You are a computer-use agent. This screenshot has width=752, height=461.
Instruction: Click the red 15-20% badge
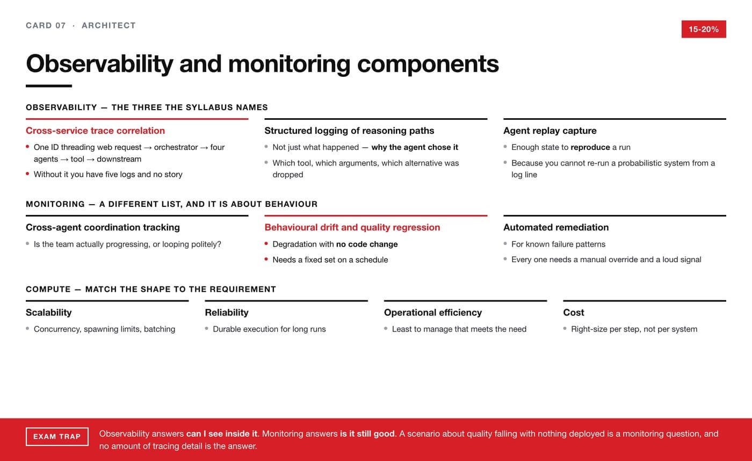[704, 29]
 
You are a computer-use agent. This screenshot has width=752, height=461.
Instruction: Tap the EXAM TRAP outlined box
[57, 436]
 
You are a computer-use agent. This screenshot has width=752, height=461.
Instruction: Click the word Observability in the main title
[100, 64]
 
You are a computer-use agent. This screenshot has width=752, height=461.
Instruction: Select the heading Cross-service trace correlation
[96, 131]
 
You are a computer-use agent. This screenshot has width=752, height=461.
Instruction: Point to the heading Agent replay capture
[550, 131]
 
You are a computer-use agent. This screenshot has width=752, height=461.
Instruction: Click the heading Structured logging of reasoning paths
[349, 131]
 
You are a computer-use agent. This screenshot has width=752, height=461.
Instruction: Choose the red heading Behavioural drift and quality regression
[352, 227]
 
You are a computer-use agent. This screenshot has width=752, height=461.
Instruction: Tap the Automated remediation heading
[556, 227]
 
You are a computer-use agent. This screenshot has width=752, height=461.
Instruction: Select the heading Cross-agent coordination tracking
[103, 227]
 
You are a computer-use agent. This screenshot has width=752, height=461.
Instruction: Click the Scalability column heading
[49, 313]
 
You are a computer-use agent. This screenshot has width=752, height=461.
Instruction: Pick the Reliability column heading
[227, 313]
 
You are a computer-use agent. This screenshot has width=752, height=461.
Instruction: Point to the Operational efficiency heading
[433, 313]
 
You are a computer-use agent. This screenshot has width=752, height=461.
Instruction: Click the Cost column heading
[574, 313]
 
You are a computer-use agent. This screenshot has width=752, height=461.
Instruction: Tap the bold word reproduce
[590, 147]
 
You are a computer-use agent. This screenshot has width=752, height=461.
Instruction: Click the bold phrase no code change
[367, 244]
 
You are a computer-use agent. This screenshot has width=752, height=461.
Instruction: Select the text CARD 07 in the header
[46, 25]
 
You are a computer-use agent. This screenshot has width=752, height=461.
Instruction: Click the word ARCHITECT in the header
[109, 25]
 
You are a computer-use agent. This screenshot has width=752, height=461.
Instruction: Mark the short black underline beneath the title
[49, 86]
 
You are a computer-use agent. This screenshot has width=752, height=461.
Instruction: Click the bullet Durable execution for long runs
[269, 329]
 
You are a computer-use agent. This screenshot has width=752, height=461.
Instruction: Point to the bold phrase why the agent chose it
[415, 147]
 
